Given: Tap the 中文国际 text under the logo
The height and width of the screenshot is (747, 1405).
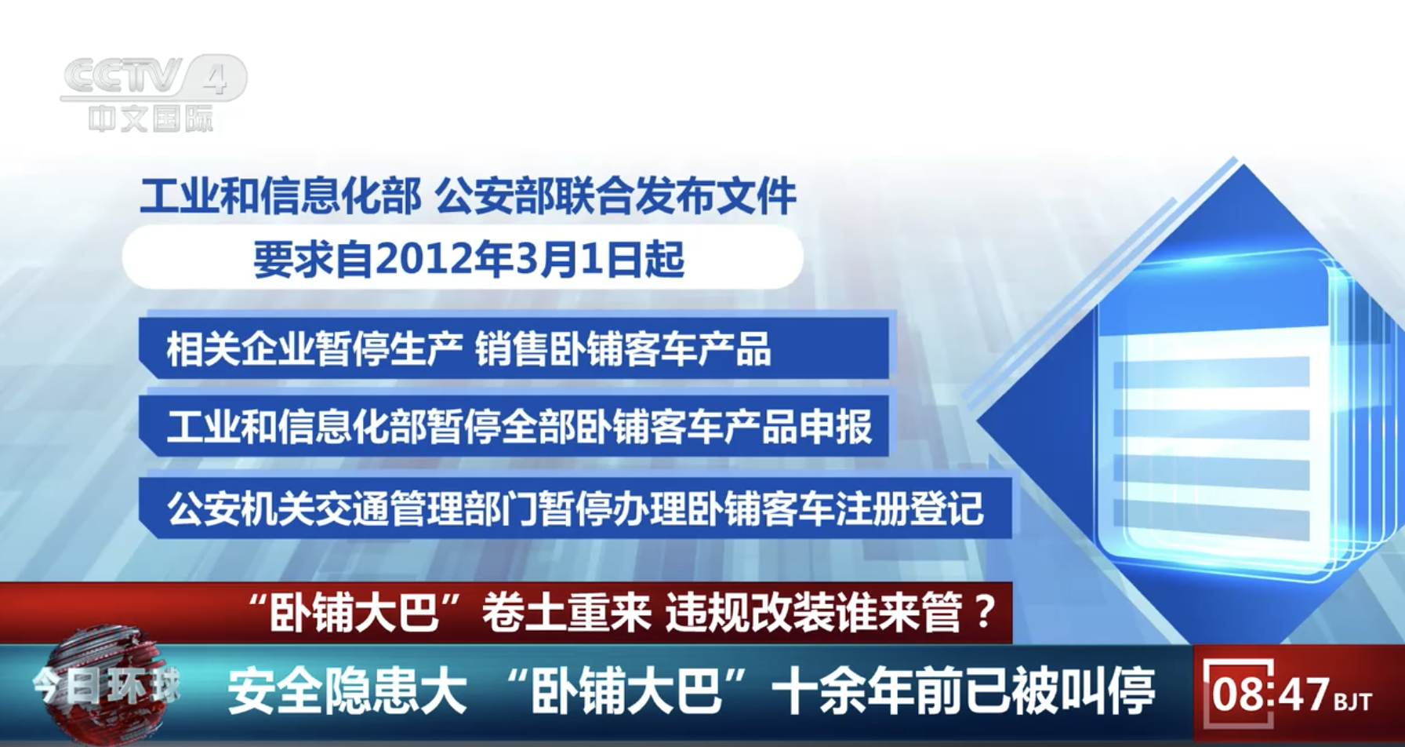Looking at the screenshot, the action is (151, 119).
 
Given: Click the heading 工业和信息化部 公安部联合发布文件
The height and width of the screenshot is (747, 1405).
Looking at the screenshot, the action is (468, 195).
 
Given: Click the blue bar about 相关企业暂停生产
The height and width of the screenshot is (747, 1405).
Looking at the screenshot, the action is (516, 348).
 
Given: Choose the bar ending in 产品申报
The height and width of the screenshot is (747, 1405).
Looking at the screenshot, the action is (516, 426).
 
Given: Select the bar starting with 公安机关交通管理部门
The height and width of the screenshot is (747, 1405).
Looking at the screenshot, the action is (575, 508).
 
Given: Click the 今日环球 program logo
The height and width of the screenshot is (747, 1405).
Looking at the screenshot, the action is (106, 687).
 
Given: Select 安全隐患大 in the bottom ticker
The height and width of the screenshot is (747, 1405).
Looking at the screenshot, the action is (347, 691).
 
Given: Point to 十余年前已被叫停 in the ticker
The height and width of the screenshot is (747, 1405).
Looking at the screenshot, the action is (964, 691).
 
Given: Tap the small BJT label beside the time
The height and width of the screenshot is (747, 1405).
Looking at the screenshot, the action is (1353, 701).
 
